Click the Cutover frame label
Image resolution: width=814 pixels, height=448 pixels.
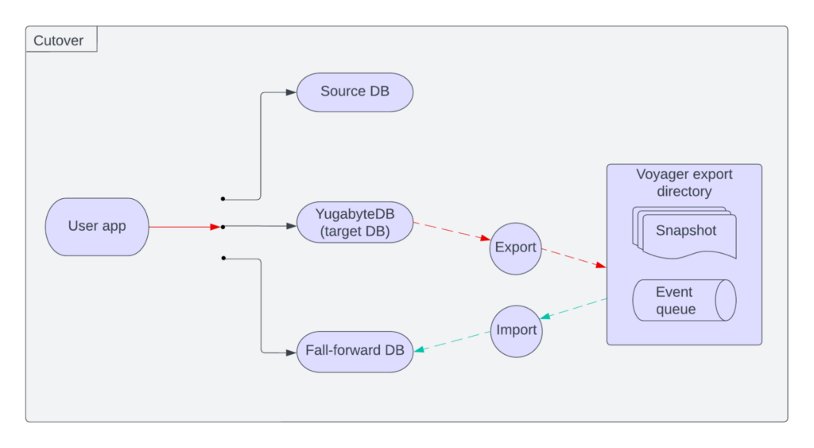59,40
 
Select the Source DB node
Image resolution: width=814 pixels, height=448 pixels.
355,92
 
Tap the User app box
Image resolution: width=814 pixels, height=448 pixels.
97,226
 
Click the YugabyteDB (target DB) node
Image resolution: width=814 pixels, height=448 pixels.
355,222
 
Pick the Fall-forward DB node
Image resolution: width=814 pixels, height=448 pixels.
355,350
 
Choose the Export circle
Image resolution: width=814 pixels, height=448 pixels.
515,247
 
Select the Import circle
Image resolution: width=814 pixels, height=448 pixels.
516,330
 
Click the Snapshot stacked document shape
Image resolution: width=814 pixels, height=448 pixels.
685,232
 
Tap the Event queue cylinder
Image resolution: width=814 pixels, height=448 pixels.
684,301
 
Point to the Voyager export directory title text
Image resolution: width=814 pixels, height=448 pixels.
684,182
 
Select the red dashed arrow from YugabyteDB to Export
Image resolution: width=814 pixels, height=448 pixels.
451,231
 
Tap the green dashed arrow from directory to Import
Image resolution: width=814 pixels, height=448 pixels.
574,309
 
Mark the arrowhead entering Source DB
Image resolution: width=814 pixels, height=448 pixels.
291,92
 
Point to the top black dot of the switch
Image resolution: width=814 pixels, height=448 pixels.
223,198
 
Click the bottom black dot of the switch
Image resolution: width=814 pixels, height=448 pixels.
223,258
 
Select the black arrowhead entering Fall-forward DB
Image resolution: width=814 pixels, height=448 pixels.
291,352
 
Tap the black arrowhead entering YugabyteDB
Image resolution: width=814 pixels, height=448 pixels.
291,226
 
